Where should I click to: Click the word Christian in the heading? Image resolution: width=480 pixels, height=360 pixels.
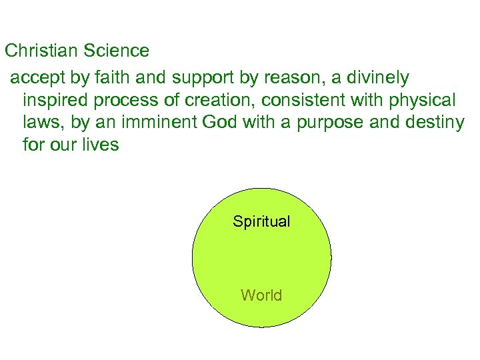[x=42, y=50]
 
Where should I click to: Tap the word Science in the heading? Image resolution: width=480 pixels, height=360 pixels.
[x=117, y=50]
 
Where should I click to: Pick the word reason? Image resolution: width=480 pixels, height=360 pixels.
[x=290, y=79]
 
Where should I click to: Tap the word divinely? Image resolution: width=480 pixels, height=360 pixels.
[x=377, y=78]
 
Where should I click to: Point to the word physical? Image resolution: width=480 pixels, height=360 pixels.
[x=423, y=101]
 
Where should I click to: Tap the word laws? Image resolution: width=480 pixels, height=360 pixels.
[x=39, y=123]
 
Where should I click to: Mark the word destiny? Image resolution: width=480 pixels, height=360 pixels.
[x=437, y=123]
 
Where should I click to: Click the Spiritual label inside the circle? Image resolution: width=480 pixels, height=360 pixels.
[x=261, y=221]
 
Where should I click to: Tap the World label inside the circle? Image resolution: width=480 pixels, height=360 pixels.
[x=261, y=295]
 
